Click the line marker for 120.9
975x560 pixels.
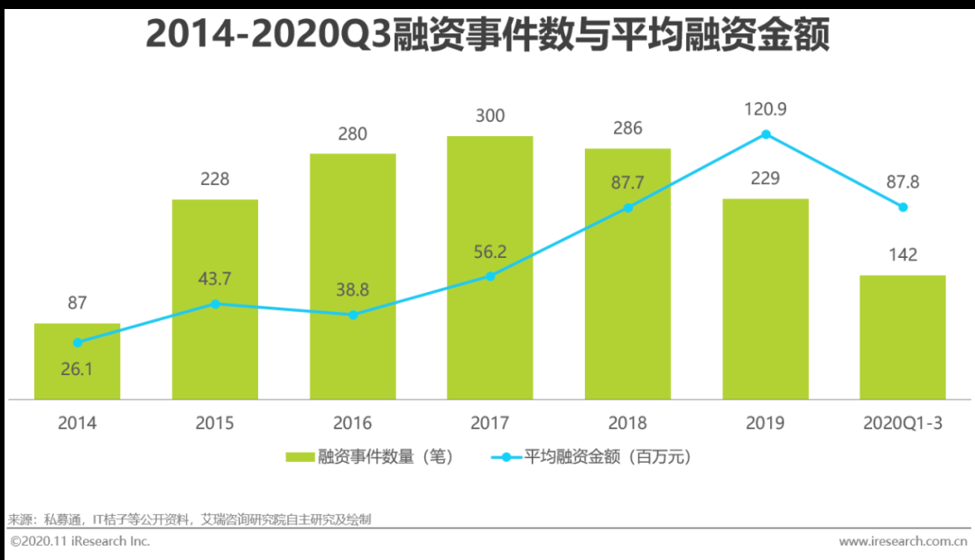tap(766, 134)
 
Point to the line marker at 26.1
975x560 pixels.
tap(78, 343)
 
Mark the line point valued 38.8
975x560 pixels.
tap(353, 315)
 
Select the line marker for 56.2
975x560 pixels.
tap(490, 276)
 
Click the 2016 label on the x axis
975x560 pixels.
tap(352, 423)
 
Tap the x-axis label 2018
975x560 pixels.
tap(627, 423)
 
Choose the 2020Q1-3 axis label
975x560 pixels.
tap(902, 423)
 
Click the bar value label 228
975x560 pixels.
tap(215, 179)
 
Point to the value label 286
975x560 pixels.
tap(627, 128)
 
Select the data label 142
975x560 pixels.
tap(902, 255)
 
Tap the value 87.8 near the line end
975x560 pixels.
tap(901, 181)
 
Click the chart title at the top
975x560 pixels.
tap(487, 36)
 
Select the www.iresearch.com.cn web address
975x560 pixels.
tap(903, 542)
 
